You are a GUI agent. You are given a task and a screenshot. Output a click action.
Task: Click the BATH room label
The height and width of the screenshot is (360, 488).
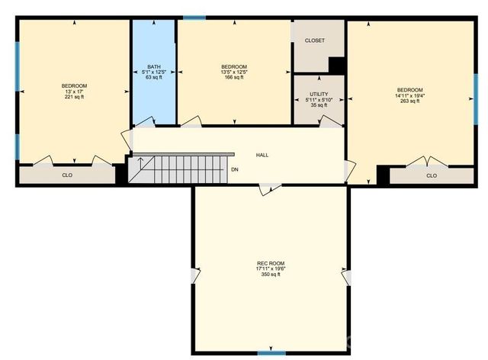(x=153, y=67)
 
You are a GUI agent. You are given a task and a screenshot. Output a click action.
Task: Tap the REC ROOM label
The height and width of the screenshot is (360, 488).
(x=271, y=264)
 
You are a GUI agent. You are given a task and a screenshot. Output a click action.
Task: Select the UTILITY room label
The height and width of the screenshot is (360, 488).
(x=319, y=94)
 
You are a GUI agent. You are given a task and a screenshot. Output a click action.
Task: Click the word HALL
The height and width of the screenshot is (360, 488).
(x=262, y=155)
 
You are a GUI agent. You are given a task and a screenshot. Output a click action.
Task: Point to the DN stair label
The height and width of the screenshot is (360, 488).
(x=235, y=169)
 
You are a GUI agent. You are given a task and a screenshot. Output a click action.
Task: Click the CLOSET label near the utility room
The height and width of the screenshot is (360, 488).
(x=314, y=40)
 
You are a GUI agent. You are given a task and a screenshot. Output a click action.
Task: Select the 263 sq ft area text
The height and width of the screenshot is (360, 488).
(x=409, y=101)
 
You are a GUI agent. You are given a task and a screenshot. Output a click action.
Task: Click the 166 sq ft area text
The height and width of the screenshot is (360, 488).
(x=233, y=77)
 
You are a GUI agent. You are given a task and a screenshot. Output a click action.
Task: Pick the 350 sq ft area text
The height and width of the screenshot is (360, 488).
(x=271, y=275)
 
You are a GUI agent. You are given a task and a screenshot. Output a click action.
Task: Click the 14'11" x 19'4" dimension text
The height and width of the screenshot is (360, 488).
(x=409, y=95)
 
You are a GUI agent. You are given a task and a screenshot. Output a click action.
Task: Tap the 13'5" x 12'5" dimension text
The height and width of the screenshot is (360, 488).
(x=233, y=72)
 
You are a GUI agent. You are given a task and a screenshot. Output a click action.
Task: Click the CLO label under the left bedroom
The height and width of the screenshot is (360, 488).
(x=67, y=175)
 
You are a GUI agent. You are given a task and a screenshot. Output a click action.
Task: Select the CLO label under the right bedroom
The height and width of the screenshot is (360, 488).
(x=432, y=175)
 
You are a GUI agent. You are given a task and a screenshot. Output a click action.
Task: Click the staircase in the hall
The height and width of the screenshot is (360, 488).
(x=180, y=169)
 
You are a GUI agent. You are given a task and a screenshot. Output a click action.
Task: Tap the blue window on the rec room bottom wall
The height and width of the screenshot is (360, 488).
(x=271, y=352)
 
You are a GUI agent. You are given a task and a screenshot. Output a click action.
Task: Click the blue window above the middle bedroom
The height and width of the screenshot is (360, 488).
(x=194, y=17)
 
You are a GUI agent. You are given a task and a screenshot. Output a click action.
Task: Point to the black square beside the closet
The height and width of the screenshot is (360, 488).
(x=337, y=66)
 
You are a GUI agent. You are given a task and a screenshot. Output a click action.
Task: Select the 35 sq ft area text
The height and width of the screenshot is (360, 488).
(x=319, y=105)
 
